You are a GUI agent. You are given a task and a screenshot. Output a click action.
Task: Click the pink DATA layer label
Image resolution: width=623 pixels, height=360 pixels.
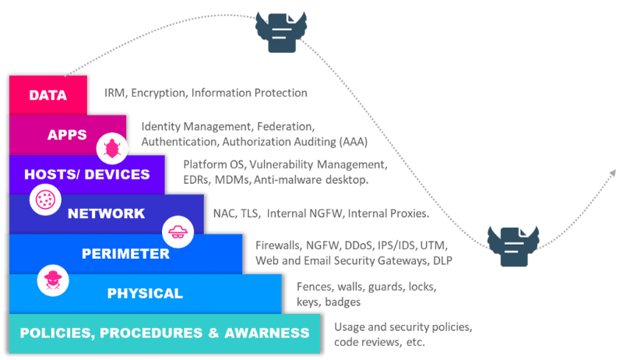point(47,96)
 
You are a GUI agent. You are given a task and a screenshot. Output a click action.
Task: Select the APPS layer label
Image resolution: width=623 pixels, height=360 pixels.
point(67,135)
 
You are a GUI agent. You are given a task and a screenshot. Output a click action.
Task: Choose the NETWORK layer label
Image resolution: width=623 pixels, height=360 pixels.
point(106,214)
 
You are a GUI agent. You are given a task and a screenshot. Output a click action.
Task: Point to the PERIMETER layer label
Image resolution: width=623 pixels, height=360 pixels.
point(125,253)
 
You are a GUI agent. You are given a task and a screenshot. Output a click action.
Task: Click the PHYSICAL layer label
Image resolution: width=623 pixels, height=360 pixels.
point(145,293)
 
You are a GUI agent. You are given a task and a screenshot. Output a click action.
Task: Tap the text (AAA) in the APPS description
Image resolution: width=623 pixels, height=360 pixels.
point(352,142)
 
